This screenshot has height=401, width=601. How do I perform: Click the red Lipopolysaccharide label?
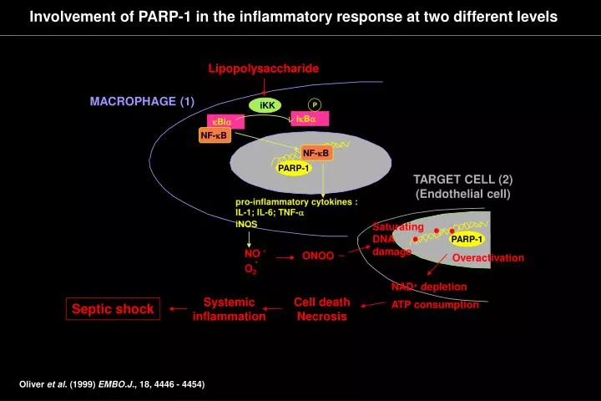pyautogui.click(x=263, y=68)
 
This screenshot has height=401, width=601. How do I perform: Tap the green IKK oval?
pyautogui.click(x=267, y=105)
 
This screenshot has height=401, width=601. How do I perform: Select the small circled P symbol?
pyautogui.click(x=315, y=104)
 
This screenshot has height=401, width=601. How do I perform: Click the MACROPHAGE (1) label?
pyautogui.click(x=142, y=102)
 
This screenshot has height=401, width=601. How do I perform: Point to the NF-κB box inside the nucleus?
pyautogui.click(x=316, y=153)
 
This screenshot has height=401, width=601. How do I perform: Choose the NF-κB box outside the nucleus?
pyautogui.click(x=215, y=135)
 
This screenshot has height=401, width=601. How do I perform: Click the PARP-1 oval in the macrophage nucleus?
pyautogui.click(x=294, y=168)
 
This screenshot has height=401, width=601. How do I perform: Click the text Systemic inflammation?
pyautogui.click(x=229, y=309)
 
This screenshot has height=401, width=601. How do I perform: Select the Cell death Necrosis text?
pyautogui.click(x=321, y=309)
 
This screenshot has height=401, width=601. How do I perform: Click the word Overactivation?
pyautogui.click(x=487, y=258)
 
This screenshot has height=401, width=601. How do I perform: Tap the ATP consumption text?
pyautogui.click(x=435, y=305)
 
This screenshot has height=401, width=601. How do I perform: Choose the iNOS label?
pyautogui.click(x=246, y=224)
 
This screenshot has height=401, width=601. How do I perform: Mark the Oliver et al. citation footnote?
pyautogui.click(x=112, y=384)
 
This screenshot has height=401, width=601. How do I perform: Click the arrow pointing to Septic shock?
pyautogui.click(x=178, y=308)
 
